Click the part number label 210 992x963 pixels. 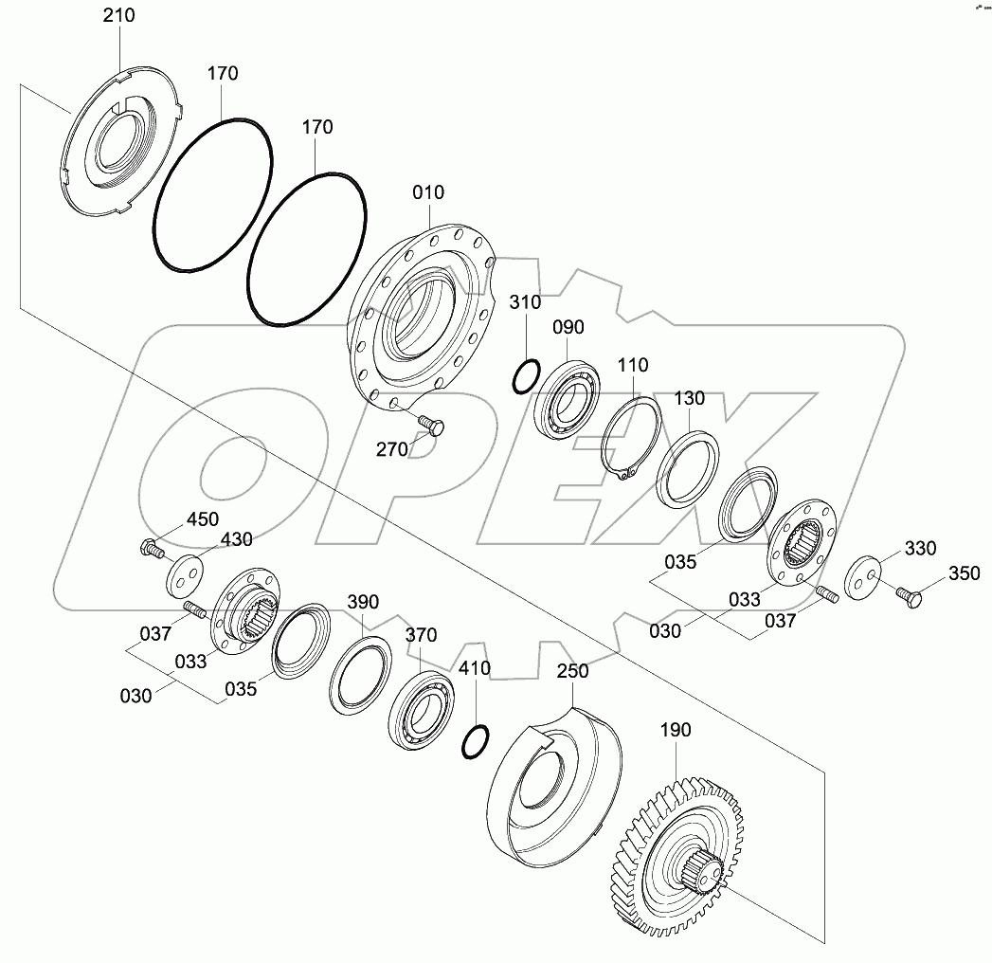pos(118,15)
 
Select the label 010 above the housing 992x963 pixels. pos(427,193)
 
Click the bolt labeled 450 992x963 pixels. pos(151,547)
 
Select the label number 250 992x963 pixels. pos(572,671)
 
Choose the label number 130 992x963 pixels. pos(690,399)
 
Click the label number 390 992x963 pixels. pos(363,602)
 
